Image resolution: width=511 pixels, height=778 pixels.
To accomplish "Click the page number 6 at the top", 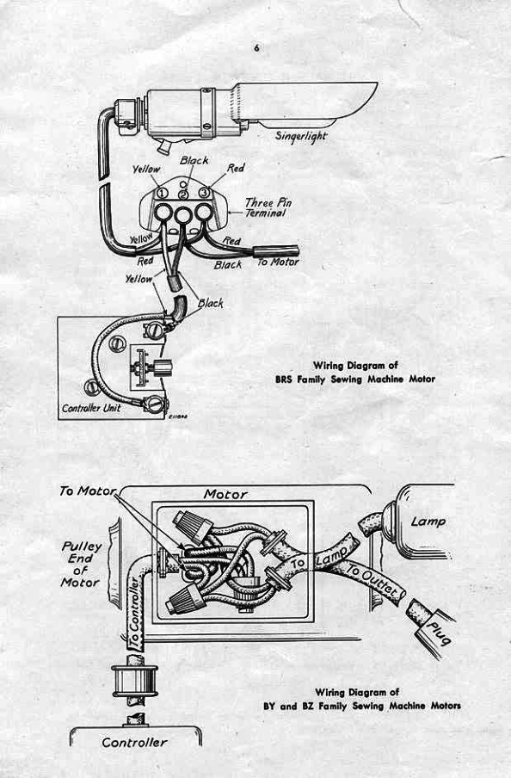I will (x=255, y=48).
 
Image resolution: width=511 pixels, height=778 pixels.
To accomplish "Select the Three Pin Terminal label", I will (x=265, y=206).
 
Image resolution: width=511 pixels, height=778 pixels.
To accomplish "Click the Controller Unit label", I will (x=91, y=407).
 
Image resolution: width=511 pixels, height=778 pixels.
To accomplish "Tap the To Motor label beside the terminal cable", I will (x=279, y=262).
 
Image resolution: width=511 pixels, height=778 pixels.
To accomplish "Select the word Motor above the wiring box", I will (x=225, y=494).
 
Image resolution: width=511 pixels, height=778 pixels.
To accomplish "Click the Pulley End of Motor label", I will (x=81, y=564).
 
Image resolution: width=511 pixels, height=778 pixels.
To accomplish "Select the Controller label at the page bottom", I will (x=135, y=742).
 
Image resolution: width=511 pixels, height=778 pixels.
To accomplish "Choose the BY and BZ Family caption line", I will (x=361, y=706).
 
